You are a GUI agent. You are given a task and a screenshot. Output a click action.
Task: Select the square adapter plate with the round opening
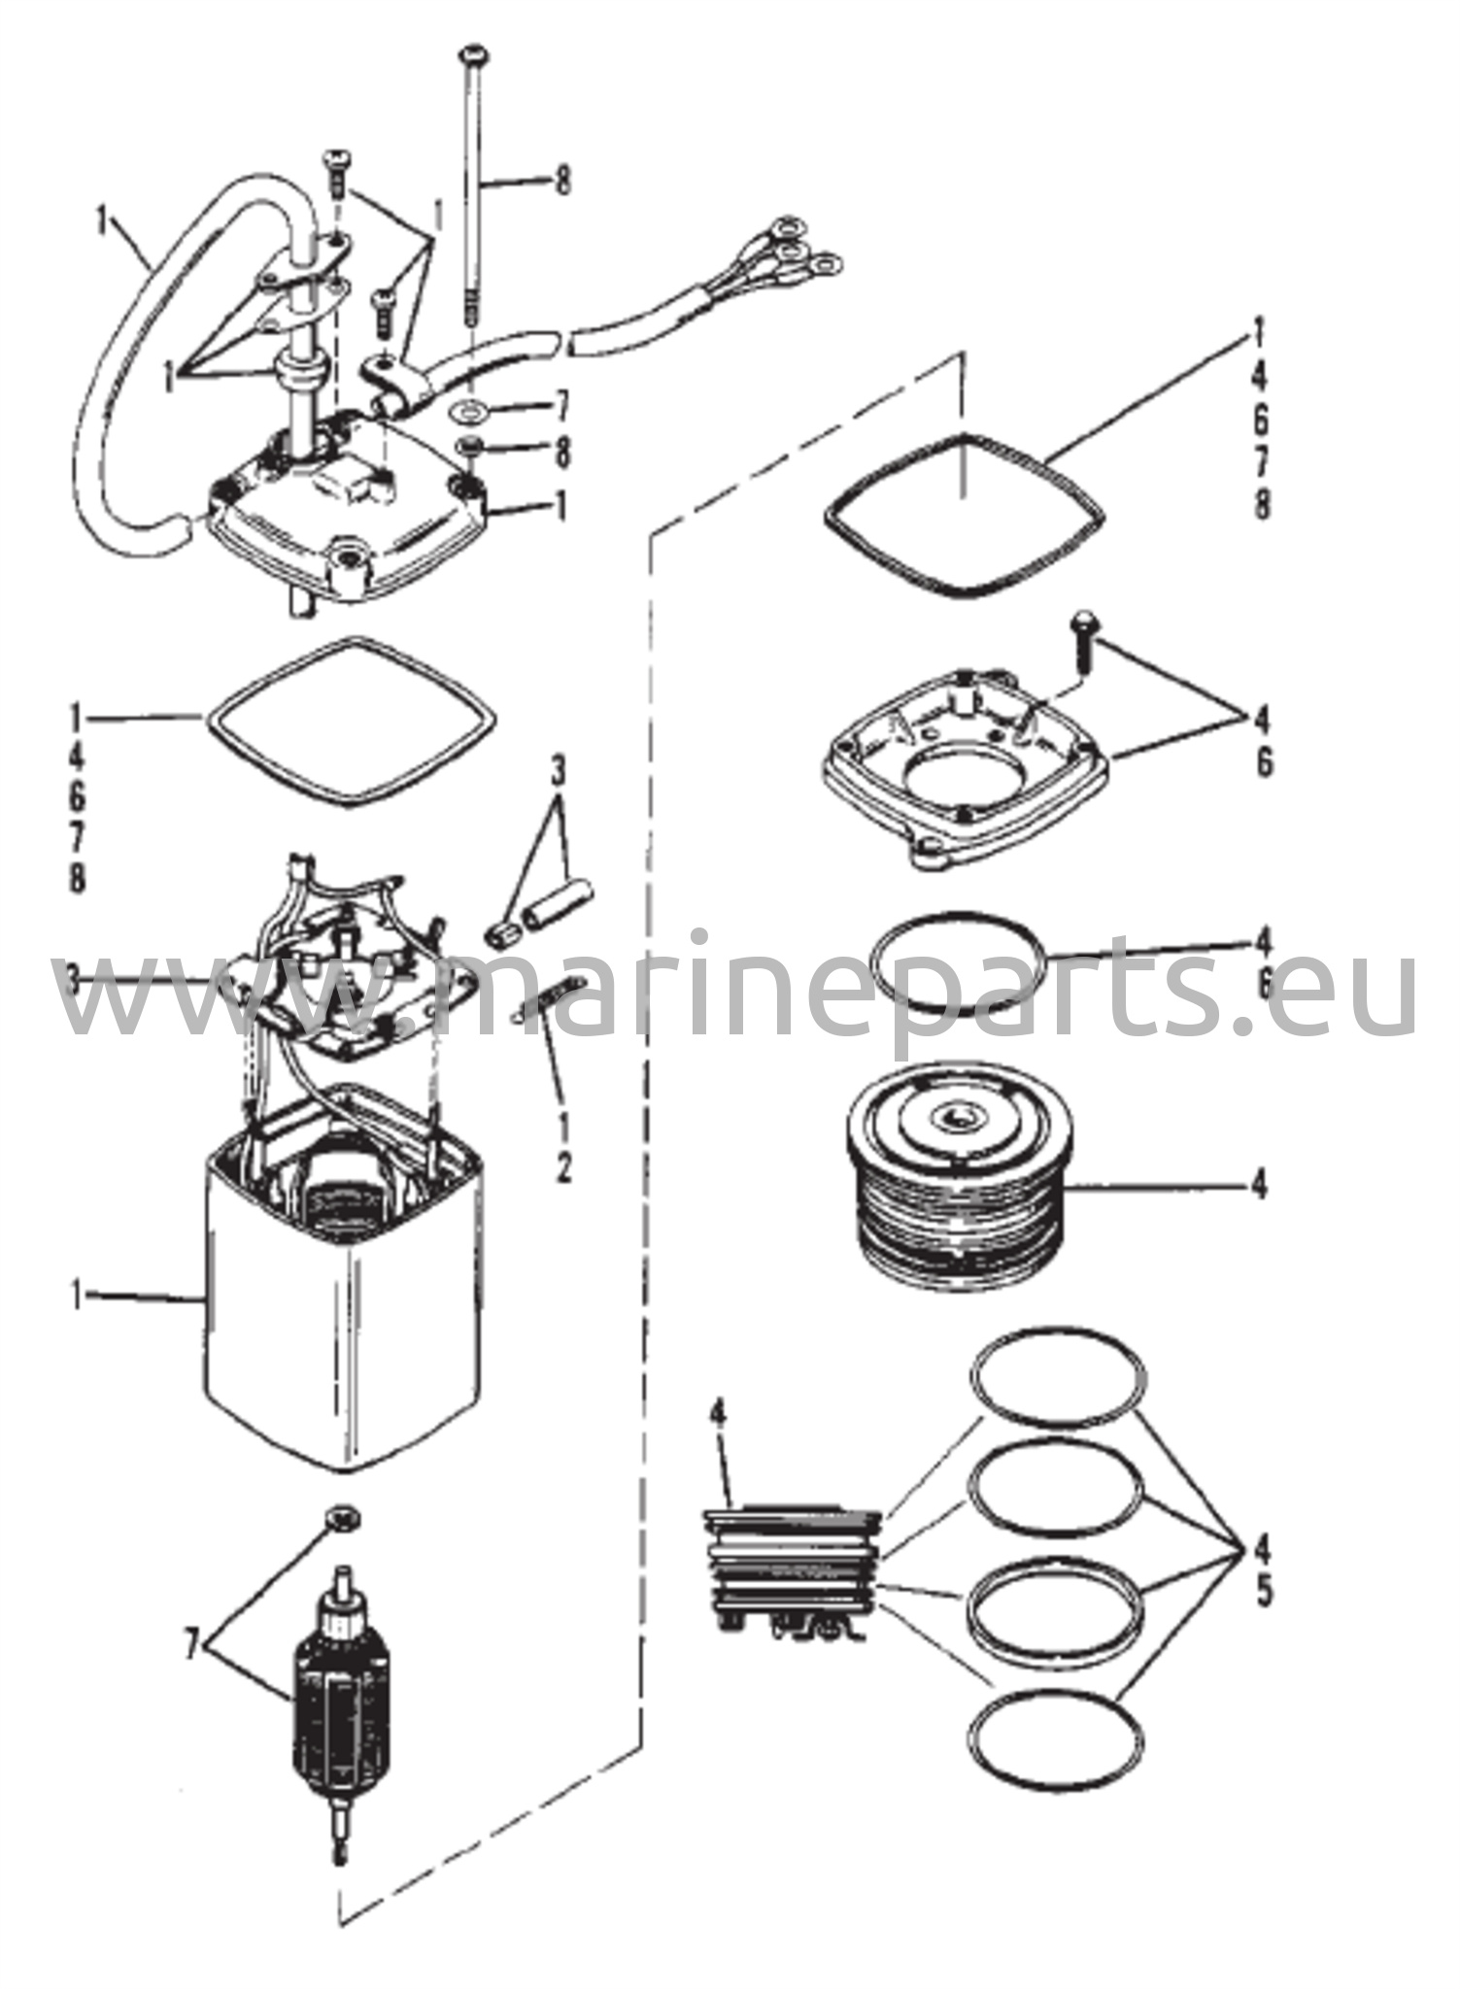(x=967, y=767)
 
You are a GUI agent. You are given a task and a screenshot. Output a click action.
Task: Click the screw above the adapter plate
(x=1082, y=636)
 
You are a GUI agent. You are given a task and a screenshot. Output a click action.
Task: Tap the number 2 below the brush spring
(x=563, y=1169)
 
